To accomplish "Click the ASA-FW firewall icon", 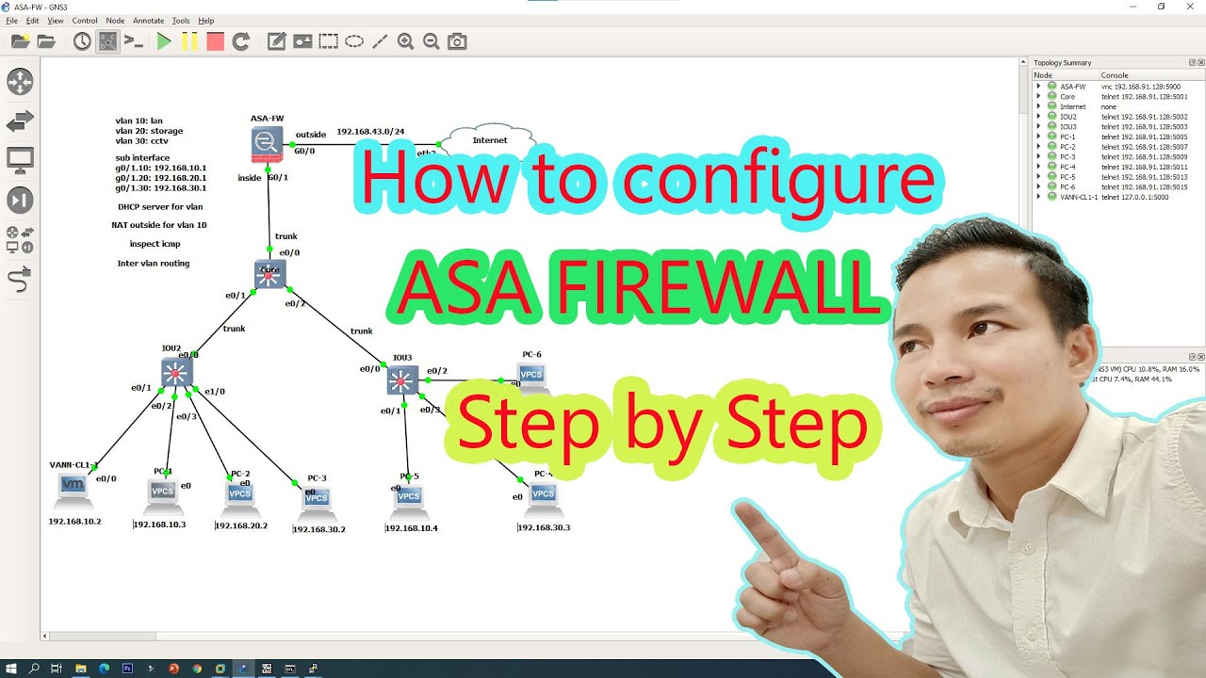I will tap(267, 143).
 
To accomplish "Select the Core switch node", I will tap(270, 274).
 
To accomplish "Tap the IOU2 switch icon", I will tap(176, 372).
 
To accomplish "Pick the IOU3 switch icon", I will tap(402, 379).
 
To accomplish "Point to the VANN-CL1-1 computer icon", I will tap(73, 487).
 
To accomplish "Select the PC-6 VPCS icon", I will tap(531, 374).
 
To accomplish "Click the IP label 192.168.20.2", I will tap(241, 525).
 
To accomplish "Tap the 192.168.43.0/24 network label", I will tap(370, 131).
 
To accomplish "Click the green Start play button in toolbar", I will tap(164, 41).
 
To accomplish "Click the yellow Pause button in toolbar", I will tap(189, 41).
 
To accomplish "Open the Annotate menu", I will tap(148, 20).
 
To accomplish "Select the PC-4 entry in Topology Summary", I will tap(1067, 167).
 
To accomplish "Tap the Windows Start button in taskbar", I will tap(11, 669).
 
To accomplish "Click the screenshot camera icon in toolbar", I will tap(457, 41).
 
